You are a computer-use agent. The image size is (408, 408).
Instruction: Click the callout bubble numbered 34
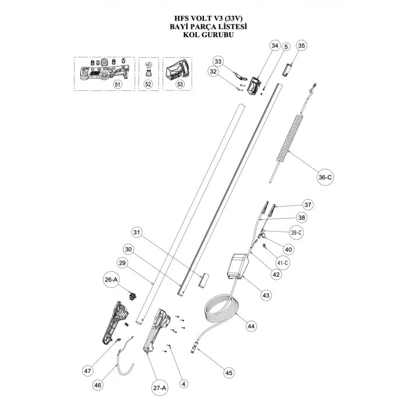point(275,45)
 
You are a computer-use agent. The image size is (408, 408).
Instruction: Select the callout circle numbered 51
point(117,84)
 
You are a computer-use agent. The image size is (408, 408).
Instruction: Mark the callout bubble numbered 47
point(88,370)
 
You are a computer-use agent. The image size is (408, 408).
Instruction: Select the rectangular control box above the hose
point(238,268)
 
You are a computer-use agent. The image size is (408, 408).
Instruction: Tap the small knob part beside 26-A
point(132,296)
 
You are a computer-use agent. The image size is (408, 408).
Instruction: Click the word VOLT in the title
point(195,17)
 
